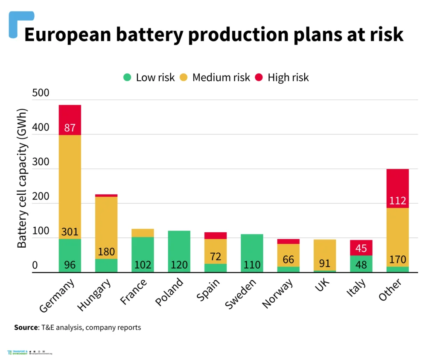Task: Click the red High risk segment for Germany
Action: (x=70, y=120)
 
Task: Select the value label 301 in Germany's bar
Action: (x=70, y=232)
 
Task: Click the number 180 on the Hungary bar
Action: (x=106, y=251)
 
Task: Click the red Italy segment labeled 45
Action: (x=361, y=248)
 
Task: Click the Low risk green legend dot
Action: (x=127, y=77)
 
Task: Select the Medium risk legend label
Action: (x=221, y=77)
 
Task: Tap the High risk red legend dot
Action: (x=259, y=77)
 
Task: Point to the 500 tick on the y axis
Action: (x=41, y=93)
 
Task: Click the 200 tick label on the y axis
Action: (x=41, y=197)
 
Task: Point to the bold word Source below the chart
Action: (x=26, y=328)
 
